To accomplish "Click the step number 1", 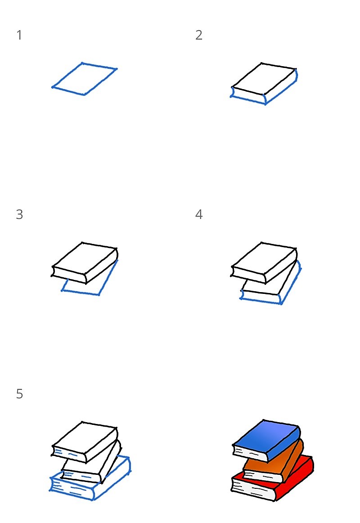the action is click(19, 35).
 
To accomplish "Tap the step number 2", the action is click(198, 35).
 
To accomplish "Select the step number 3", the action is click(19, 215).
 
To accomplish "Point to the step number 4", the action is click(198, 215).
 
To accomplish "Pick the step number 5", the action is click(19, 394).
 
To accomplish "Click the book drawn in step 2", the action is click(264, 83).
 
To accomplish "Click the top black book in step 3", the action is click(85, 262).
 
